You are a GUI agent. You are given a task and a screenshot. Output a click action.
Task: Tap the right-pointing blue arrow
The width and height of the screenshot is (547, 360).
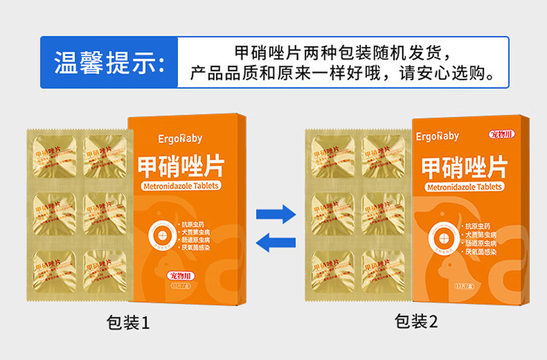click(x=275, y=214)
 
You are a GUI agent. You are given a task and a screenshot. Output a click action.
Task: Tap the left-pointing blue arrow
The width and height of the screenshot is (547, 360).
click(x=275, y=242)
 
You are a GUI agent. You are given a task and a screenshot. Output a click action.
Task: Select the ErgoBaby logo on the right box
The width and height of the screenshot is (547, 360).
click(x=438, y=136)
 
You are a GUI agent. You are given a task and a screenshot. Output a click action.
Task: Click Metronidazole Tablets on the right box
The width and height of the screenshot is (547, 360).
click(x=464, y=187)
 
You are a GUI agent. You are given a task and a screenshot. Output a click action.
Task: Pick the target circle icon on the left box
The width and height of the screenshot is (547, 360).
click(x=159, y=235)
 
